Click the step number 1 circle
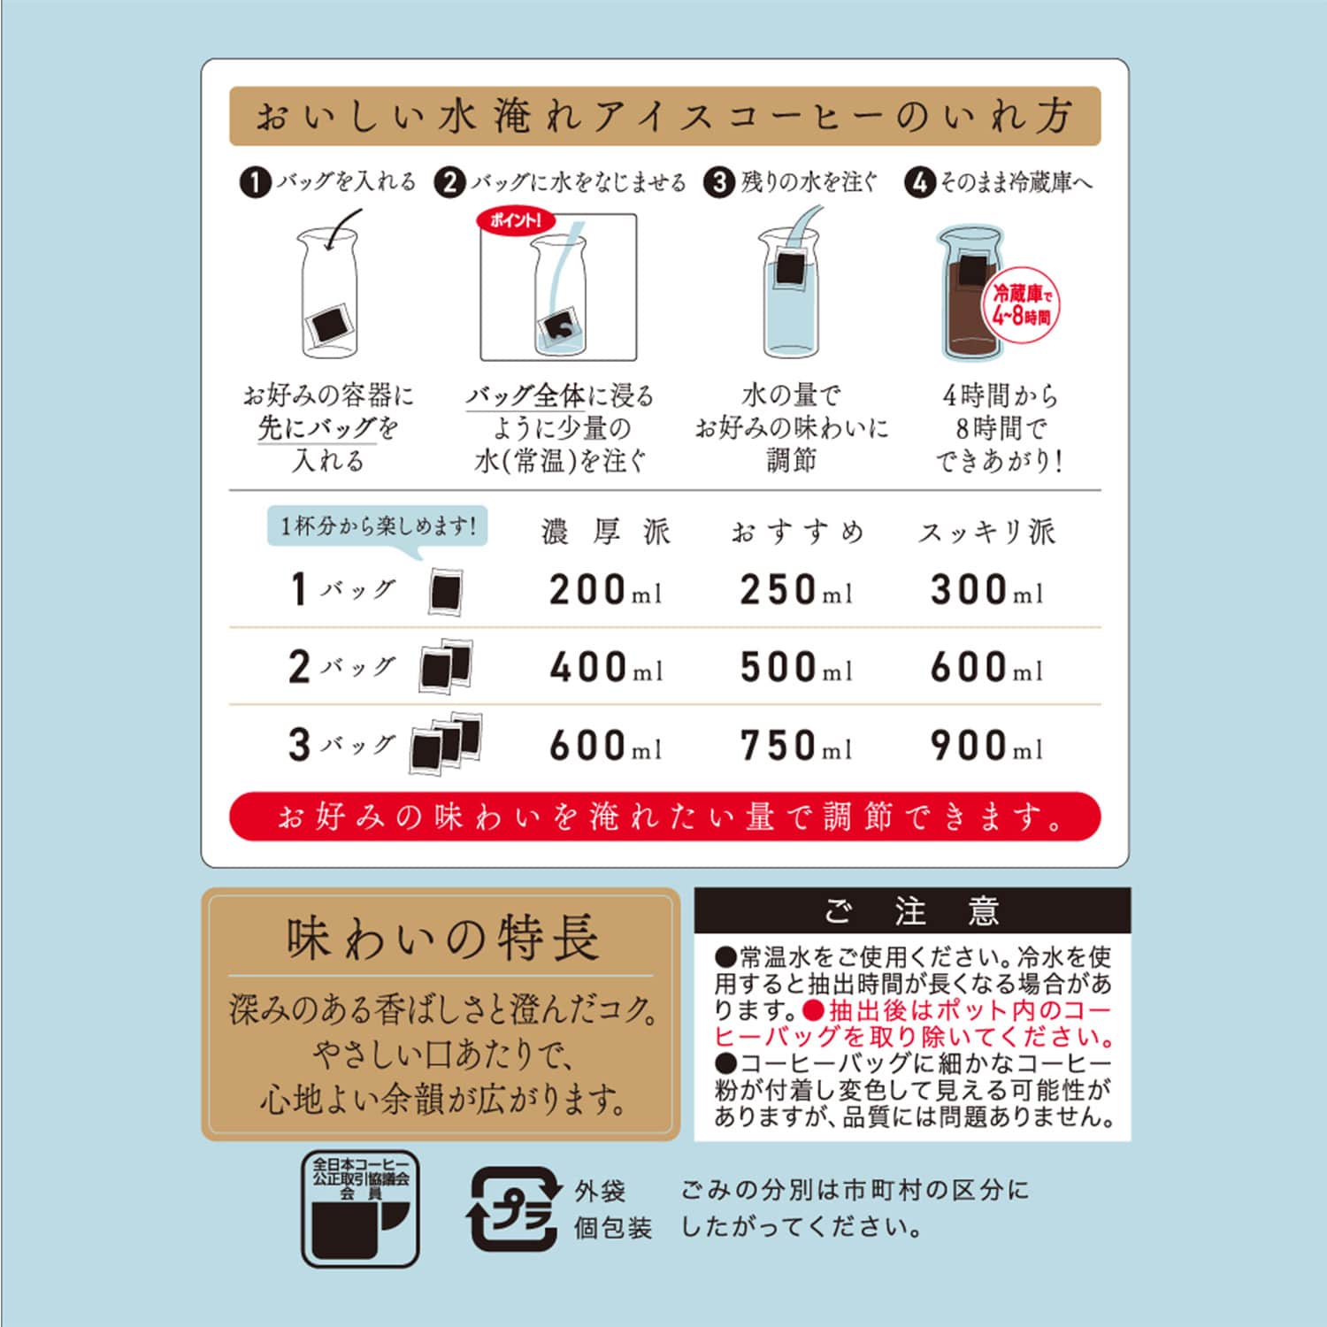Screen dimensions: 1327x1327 point(255,183)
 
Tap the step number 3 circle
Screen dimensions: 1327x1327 point(719,183)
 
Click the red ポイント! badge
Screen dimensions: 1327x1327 point(516,220)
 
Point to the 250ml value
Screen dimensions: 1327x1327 point(795,590)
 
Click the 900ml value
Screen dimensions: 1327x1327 point(986,746)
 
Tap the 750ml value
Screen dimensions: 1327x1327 point(795,746)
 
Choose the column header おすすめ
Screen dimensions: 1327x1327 point(797,533)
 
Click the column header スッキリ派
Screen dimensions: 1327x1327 point(986,533)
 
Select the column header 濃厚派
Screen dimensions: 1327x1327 point(606,533)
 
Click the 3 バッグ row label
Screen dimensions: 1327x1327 point(341,745)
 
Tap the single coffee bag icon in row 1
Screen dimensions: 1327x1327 point(446,591)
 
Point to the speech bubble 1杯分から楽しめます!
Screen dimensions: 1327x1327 point(378,527)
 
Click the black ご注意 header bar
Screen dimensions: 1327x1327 point(912,910)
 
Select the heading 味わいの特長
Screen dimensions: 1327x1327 point(441,939)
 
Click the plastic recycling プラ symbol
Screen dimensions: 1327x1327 point(514,1209)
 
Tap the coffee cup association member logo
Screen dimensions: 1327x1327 point(360,1208)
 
